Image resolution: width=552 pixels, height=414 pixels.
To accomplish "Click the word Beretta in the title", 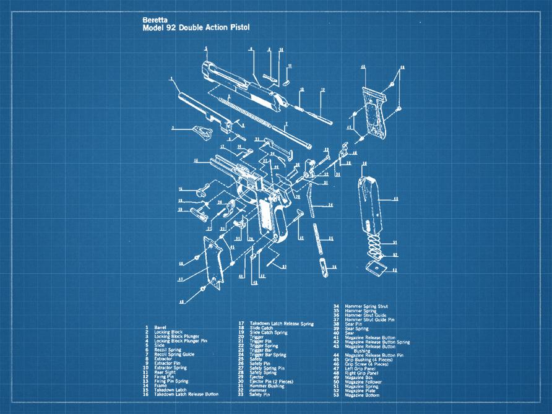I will (x=154, y=20).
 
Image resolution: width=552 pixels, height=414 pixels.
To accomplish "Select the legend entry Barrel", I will (x=160, y=327).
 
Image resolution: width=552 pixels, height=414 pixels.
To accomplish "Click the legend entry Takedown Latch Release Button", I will (x=186, y=394).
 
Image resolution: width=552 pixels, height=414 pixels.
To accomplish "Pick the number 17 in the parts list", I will (x=240, y=323).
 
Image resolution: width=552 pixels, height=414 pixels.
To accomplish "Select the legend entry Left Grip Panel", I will (x=362, y=369).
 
